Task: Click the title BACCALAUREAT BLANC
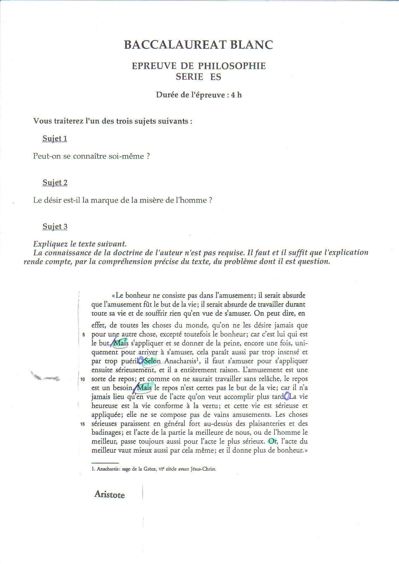[199, 45]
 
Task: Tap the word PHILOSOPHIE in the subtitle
[232, 66]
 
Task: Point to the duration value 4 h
[236, 95]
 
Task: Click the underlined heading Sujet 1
[55, 139]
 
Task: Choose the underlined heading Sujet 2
[55, 183]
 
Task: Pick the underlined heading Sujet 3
[55, 227]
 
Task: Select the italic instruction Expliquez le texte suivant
[80, 244]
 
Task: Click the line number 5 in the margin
[83, 335]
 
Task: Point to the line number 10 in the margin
[83, 379]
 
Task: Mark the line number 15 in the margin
[83, 424]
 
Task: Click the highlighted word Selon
[152, 361]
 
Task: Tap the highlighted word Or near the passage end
[273, 441]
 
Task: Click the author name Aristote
[109, 495]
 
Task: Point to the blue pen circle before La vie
[287, 397]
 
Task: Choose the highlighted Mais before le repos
[144, 388]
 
